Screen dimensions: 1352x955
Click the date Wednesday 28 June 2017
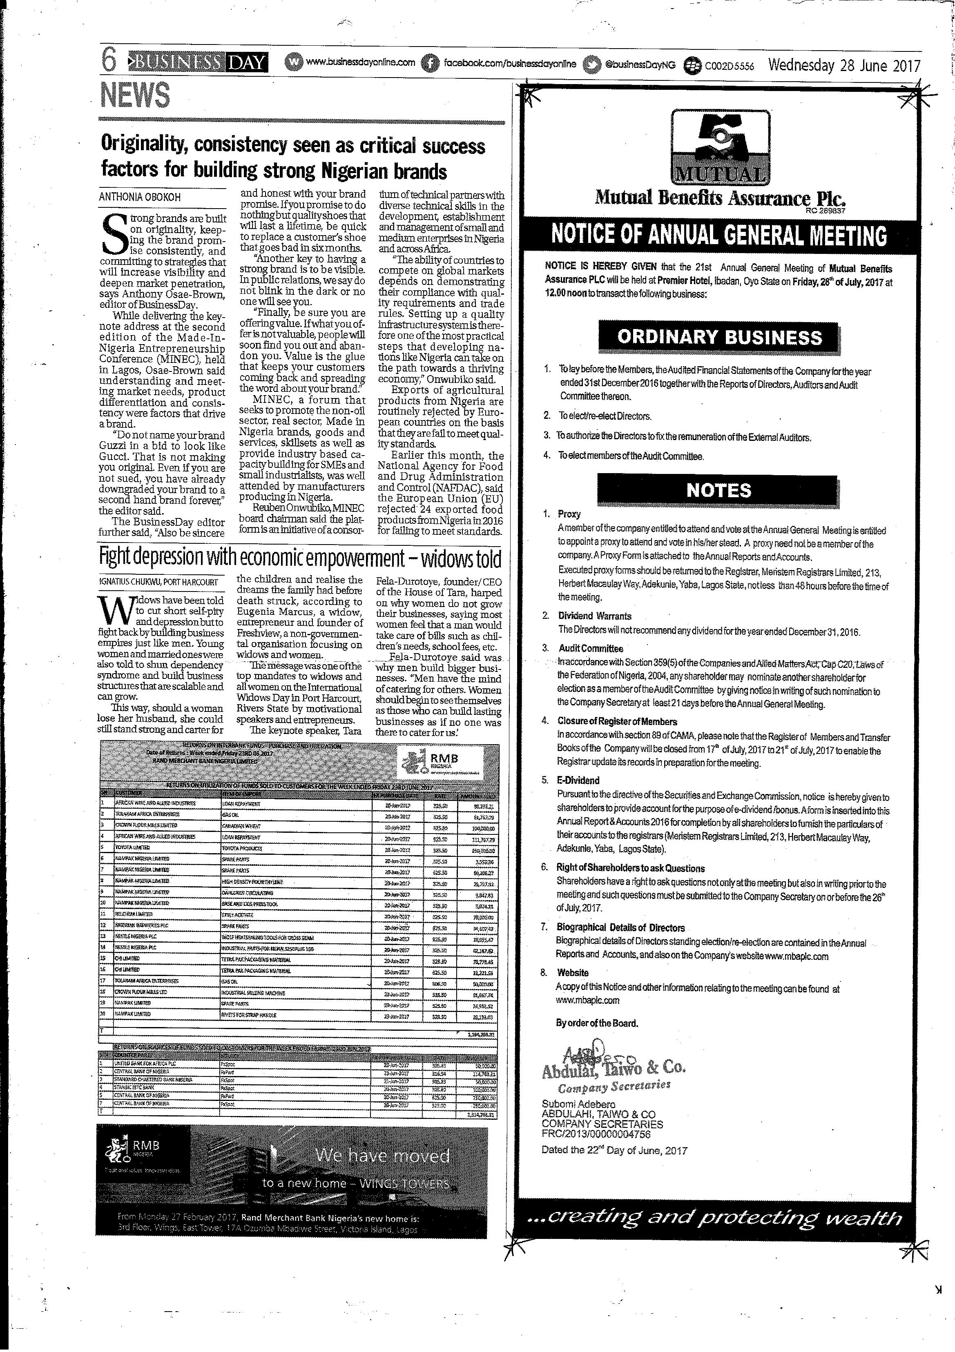click(843, 65)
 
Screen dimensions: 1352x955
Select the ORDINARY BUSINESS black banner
click(719, 337)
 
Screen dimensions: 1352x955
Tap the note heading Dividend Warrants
click(594, 616)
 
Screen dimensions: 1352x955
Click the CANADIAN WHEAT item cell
click(241, 825)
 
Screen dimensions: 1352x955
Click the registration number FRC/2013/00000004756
click(596, 1134)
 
